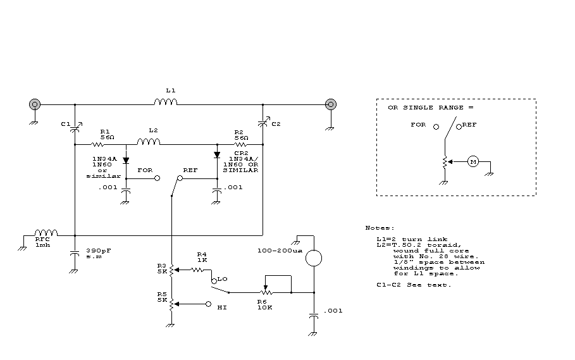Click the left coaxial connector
pyautogui.click(x=35, y=104)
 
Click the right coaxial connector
pyautogui.click(x=331, y=104)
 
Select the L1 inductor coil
pyautogui.click(x=165, y=102)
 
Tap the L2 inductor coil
pyautogui.click(x=149, y=142)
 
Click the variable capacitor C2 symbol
pyautogui.click(x=264, y=123)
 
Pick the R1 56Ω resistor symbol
pyautogui.click(x=97, y=145)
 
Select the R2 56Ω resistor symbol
pyautogui.click(x=240, y=145)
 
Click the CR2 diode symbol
pyautogui.click(x=217, y=155)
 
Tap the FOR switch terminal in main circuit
pyautogui.click(x=158, y=178)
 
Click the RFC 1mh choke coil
pyautogui.click(x=46, y=233)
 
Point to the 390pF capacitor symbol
pyautogui.click(x=75, y=253)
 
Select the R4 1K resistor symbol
pyautogui.click(x=197, y=270)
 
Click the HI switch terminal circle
pyautogui.click(x=209, y=304)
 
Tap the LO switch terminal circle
pyautogui.click(x=214, y=281)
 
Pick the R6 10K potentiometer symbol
pyautogui.click(x=266, y=292)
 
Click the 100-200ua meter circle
pyautogui.click(x=314, y=258)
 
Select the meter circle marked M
pyautogui.click(x=473, y=162)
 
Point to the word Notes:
pyautogui.click(x=380, y=228)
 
